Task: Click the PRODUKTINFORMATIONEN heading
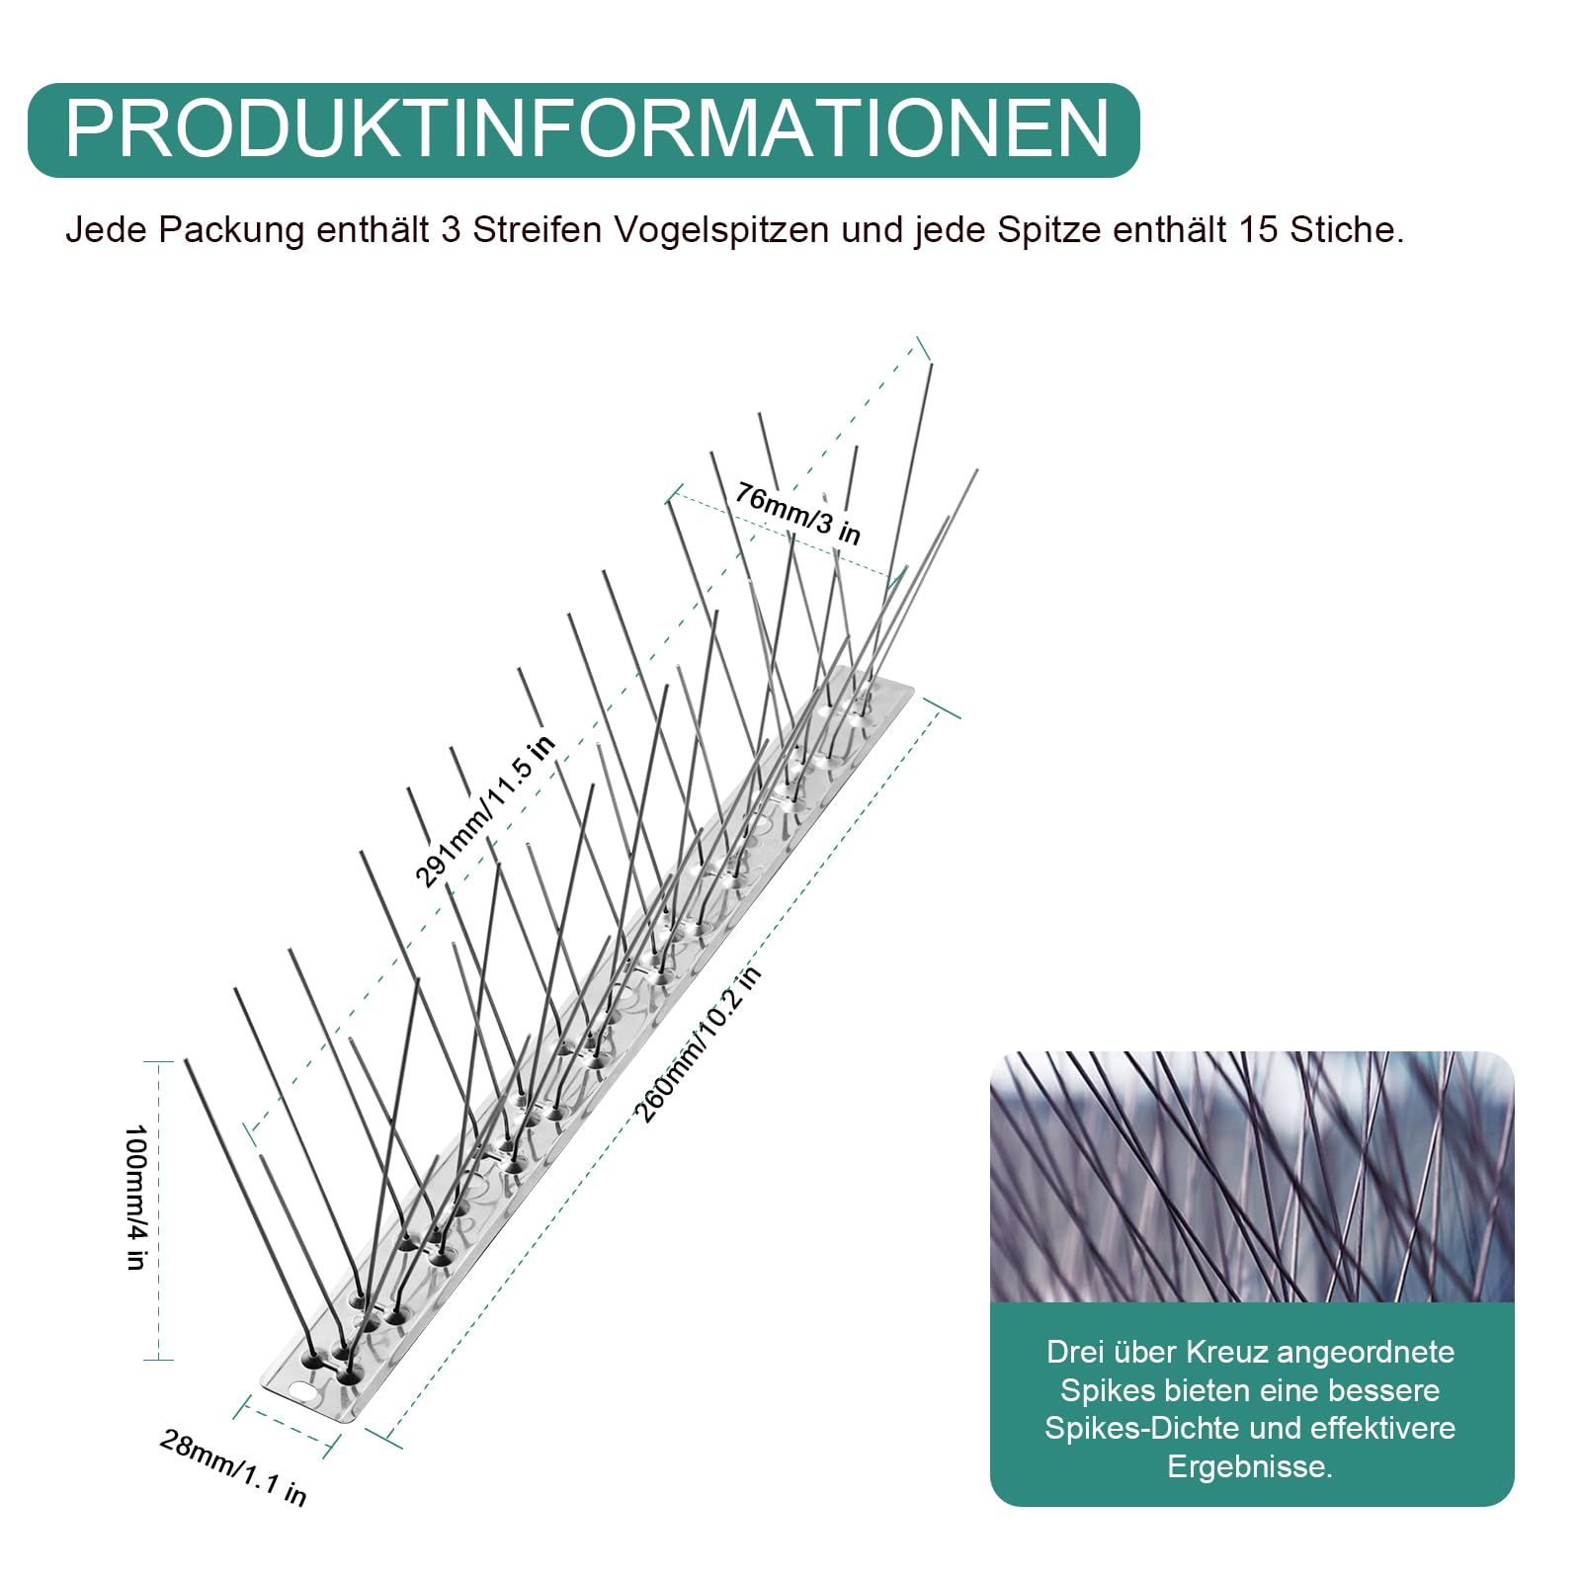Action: point(587,128)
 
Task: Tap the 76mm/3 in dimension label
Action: point(797,513)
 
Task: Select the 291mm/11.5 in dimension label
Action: point(484,811)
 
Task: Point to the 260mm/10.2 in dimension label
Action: point(698,1044)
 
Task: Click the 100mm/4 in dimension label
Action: point(136,1197)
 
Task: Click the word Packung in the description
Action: point(231,231)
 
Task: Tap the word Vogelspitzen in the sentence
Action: point(721,230)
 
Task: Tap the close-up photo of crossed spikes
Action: point(1252,1177)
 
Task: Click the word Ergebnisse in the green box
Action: point(1250,1466)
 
